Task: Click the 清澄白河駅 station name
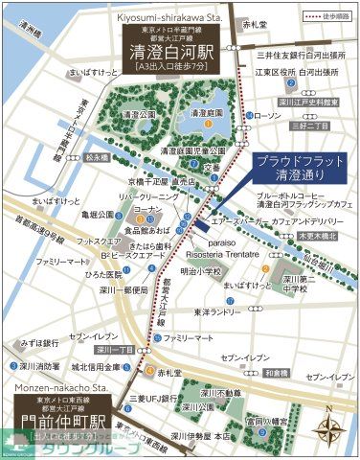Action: (x=173, y=55)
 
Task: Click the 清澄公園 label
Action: (x=140, y=113)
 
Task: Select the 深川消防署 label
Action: (x=39, y=366)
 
